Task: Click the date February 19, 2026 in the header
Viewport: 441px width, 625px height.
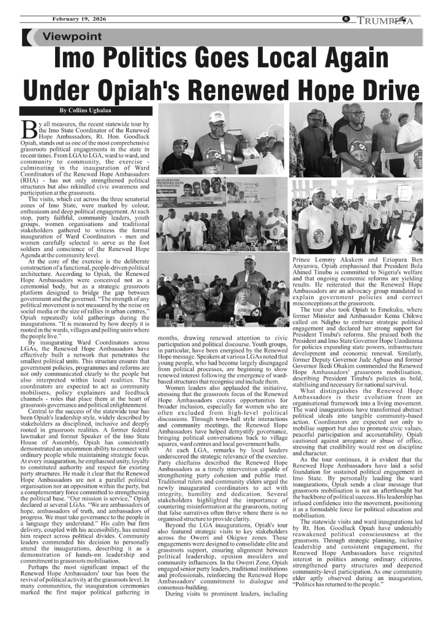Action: coord(79,20)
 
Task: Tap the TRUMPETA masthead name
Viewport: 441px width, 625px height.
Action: coord(385,21)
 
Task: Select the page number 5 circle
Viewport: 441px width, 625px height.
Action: coord(346,19)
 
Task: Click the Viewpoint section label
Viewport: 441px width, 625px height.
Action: coord(72,37)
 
